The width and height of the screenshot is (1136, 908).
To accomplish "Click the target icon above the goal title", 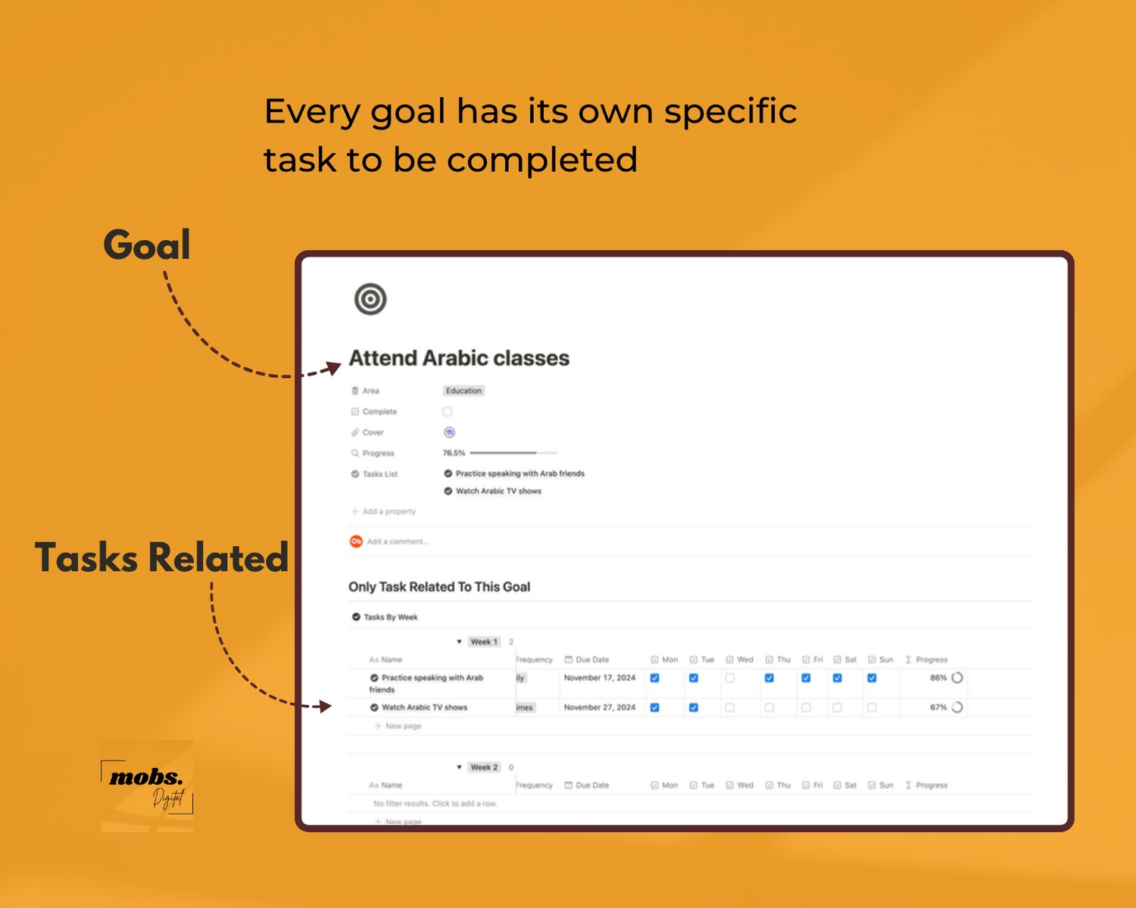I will tap(370, 299).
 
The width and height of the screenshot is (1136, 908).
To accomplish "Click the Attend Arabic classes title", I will tap(459, 358).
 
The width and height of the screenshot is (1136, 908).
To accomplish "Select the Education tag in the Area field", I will tap(463, 391).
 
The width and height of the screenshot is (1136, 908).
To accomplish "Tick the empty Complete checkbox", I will tap(448, 412).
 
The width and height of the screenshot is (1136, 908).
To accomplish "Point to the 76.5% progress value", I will tap(454, 453).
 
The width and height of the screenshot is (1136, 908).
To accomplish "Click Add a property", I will tap(389, 511).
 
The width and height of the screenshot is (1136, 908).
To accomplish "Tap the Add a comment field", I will tap(398, 541).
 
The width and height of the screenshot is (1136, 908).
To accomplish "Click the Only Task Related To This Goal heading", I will tap(439, 587).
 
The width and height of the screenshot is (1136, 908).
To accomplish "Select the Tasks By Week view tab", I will tap(390, 617).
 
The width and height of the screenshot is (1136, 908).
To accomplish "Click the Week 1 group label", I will tap(484, 641).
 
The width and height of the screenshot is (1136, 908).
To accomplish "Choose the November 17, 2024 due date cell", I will tap(600, 678).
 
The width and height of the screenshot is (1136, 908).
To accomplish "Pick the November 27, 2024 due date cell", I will tap(600, 707).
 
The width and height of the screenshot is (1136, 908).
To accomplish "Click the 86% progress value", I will tap(938, 678).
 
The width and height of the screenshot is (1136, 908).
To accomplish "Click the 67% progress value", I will tap(938, 707).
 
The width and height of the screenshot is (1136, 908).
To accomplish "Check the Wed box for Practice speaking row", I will tap(730, 678).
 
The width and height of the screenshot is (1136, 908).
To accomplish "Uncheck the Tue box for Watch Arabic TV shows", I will tap(694, 707).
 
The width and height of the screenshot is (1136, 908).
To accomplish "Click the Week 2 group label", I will tap(484, 767).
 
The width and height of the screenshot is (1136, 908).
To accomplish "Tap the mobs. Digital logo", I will tap(147, 786).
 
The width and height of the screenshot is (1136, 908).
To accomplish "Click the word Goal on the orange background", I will tap(147, 245).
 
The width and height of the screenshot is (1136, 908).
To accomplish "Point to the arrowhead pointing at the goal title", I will tap(333, 368).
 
